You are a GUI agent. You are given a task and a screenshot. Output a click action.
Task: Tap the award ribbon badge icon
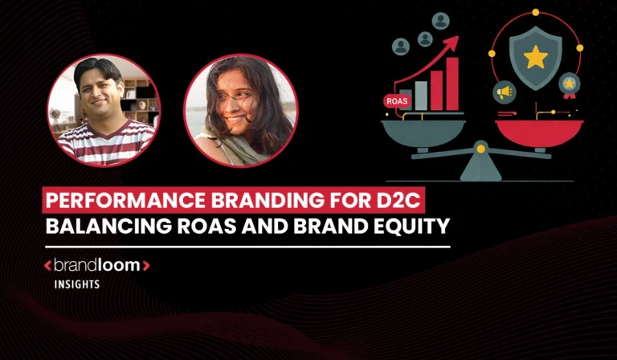pos(570,84)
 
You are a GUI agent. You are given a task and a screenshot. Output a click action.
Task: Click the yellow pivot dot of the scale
pos(480,148)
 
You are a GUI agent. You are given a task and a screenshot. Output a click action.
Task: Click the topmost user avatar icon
pos(440,20)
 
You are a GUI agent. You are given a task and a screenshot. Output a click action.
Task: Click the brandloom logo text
pos(96,264)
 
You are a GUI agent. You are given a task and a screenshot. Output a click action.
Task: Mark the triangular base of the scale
pos(480,168)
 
